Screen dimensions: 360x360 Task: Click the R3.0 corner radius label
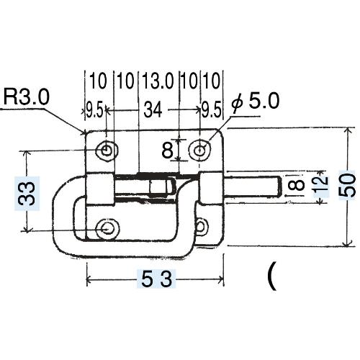pos(27,97)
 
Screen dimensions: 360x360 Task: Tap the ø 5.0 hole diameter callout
pos(256,102)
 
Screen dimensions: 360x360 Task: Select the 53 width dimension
pos(156,279)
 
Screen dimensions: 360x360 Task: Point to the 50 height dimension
pos(347,185)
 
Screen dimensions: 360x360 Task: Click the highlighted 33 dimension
pos(27,194)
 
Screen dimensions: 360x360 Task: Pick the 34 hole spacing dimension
pos(153,110)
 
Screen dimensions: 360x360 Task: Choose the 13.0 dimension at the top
pos(158,81)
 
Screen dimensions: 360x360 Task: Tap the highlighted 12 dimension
pos(321,184)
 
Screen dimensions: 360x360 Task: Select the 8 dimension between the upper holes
pos(167,150)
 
